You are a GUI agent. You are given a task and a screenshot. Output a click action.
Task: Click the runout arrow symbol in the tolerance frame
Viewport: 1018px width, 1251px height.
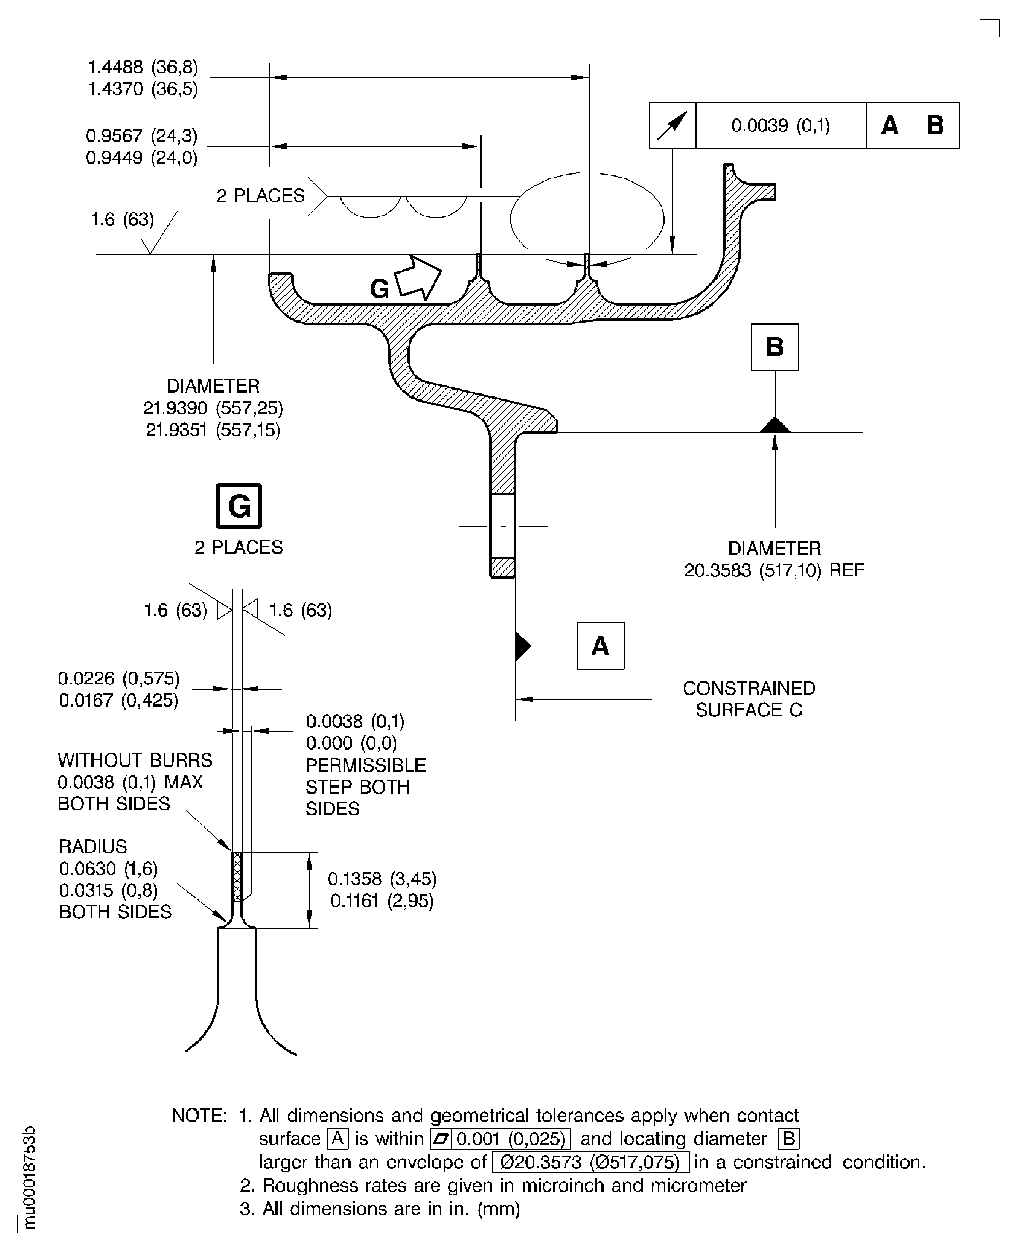tap(672, 126)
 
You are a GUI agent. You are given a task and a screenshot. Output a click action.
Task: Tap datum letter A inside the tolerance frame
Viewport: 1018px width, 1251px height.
tap(889, 126)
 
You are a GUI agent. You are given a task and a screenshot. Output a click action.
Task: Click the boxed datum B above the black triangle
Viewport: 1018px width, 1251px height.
tap(775, 347)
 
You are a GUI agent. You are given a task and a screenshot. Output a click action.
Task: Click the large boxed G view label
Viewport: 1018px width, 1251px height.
tap(239, 506)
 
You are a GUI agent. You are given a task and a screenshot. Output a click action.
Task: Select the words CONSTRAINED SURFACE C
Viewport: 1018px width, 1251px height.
tap(749, 699)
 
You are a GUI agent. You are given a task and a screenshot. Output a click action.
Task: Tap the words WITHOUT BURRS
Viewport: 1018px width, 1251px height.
tap(135, 760)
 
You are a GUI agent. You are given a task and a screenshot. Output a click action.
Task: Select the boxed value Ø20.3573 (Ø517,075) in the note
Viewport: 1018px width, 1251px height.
tap(590, 1162)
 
